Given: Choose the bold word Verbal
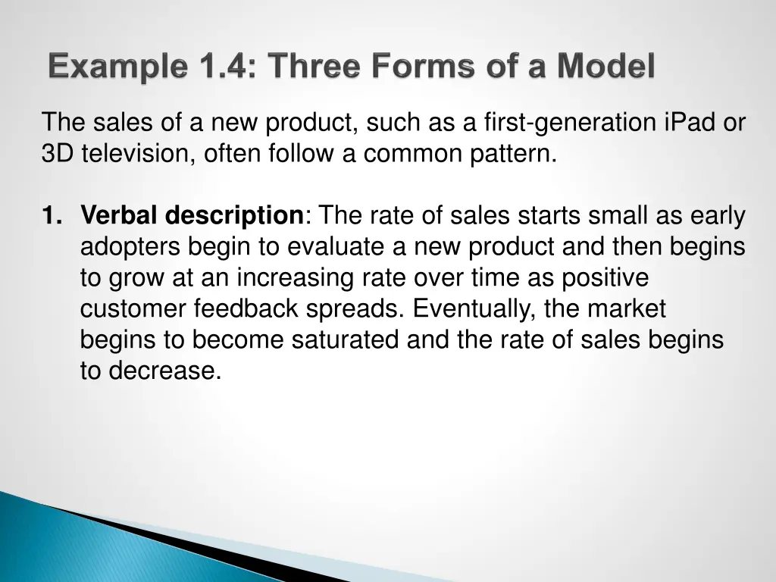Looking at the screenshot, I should (120, 217).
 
